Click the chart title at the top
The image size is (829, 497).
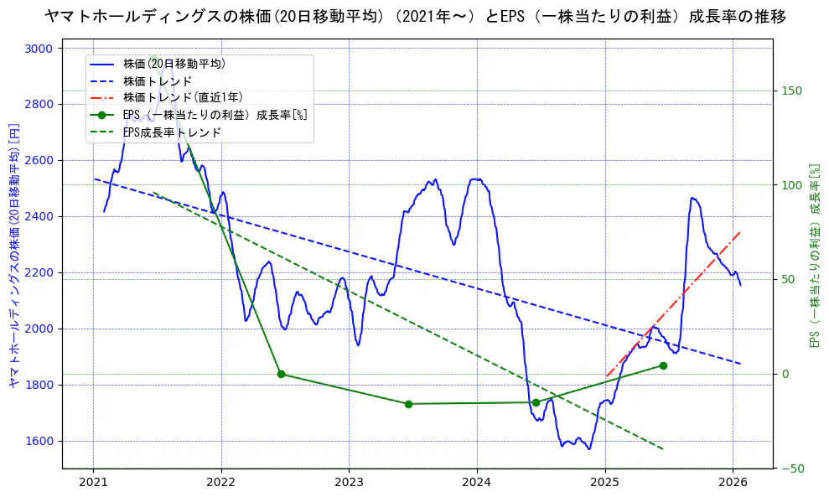click(x=415, y=17)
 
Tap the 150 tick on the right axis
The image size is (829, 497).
click(x=793, y=91)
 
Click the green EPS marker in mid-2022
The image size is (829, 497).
click(x=281, y=374)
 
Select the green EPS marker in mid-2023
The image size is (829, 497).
click(x=408, y=404)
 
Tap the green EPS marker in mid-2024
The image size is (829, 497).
click(x=536, y=402)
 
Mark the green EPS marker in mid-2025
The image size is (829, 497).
click(x=663, y=365)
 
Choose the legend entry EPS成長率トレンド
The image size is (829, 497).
click(x=172, y=132)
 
